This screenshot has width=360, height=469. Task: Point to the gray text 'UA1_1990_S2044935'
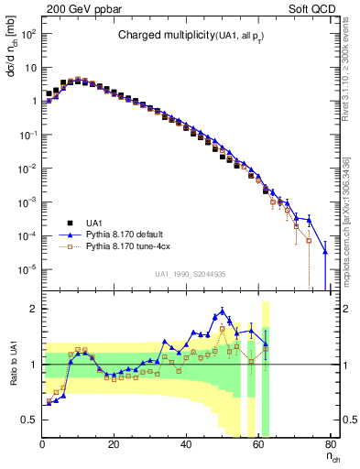[191, 274]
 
